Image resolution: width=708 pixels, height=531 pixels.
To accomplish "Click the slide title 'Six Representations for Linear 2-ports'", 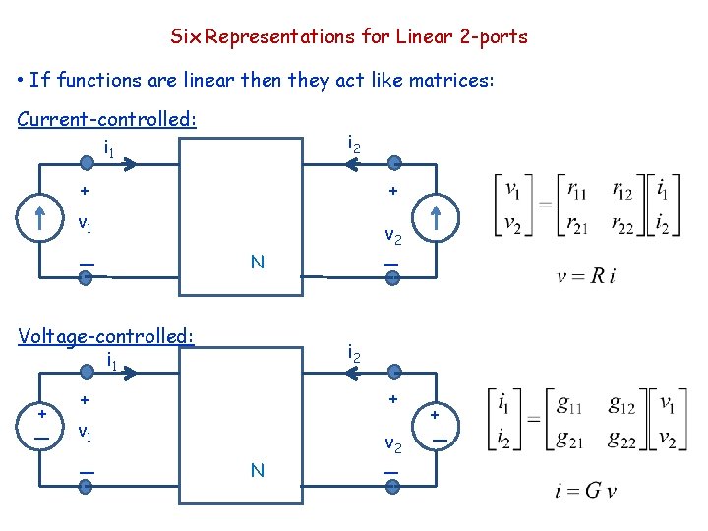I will (x=349, y=37).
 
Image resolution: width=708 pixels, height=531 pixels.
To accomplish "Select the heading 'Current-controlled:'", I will (x=107, y=119).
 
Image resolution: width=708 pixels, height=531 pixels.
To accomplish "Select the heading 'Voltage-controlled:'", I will (x=106, y=336).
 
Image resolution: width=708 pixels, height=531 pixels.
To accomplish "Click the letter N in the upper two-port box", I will (x=257, y=262).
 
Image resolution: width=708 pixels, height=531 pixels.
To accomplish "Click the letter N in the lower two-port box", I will (x=257, y=471).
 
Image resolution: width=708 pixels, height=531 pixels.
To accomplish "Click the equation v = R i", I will (x=586, y=277).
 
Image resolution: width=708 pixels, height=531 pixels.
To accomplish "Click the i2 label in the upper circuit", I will (x=354, y=144).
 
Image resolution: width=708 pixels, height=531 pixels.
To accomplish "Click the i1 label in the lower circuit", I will (x=112, y=362).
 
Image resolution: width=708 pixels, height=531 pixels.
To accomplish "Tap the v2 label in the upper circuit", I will (x=392, y=236).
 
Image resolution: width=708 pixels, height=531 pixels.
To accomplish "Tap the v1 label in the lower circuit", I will (x=87, y=431).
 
